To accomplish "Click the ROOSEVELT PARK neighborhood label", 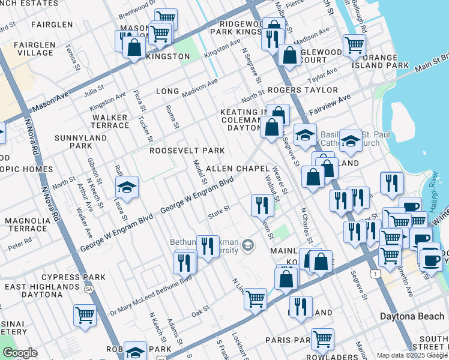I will [187, 151].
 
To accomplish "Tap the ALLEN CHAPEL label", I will [236, 169].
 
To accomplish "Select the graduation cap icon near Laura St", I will [127, 188].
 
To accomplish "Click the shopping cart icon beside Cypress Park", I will [85, 315].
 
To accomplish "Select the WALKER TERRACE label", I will [110, 121].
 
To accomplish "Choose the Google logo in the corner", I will [19, 353].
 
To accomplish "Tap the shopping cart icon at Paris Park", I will [322, 339].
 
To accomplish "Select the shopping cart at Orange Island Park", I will [354, 45].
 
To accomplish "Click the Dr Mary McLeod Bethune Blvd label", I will [151, 295].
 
